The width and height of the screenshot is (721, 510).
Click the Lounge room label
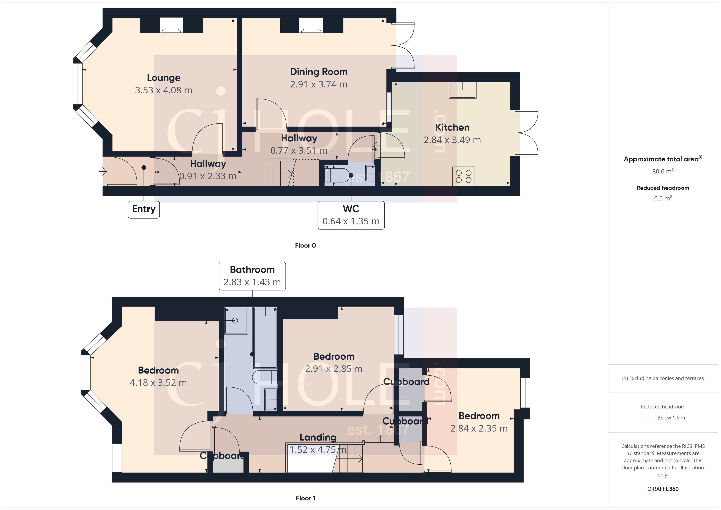coord(164,78)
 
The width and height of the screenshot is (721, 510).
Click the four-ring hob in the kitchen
coord(463,177)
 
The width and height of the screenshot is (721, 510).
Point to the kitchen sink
coord(462,91)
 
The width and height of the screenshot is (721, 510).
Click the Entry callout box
coord(144,209)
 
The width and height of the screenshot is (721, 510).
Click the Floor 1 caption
coord(305,498)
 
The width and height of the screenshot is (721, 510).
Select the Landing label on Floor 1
coord(318,437)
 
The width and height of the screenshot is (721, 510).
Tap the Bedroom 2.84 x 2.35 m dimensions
coord(479,428)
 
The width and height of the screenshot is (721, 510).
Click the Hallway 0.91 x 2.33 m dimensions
coord(208,176)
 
